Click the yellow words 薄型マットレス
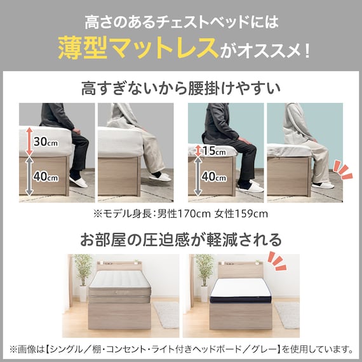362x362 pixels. pyautogui.click(x=137, y=47)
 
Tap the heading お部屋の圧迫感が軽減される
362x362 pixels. pyautogui.click(x=180, y=240)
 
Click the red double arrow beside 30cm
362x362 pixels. pyautogui.click(x=28, y=142)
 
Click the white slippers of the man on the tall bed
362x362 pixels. pyautogui.click(x=80, y=182)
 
